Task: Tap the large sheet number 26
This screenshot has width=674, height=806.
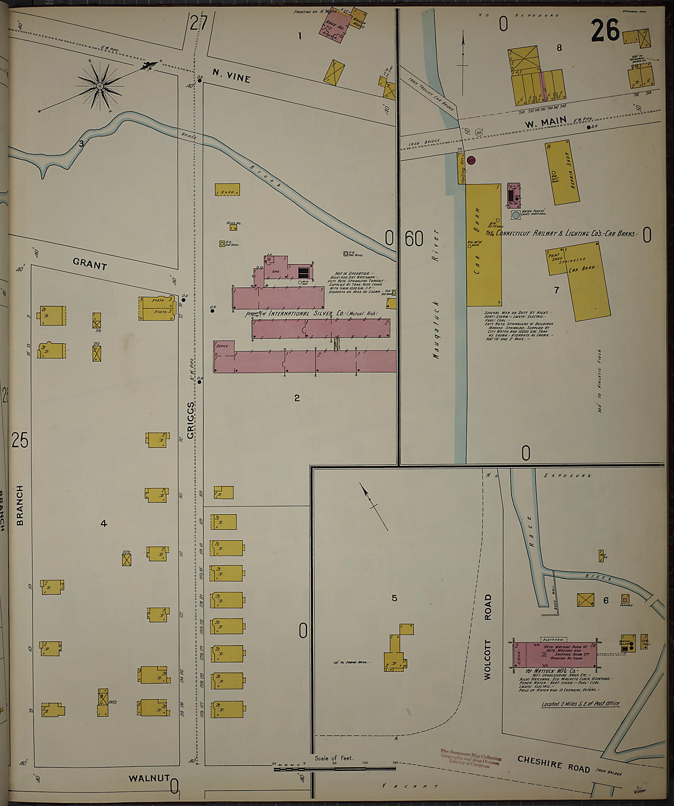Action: click(x=605, y=31)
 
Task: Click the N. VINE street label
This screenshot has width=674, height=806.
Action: click(x=231, y=76)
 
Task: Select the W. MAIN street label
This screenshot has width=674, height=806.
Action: click(x=545, y=123)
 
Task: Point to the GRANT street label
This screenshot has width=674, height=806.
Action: click(x=90, y=264)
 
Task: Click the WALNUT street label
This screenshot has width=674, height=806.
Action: click(x=149, y=778)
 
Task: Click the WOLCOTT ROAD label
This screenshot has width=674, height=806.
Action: click(x=487, y=637)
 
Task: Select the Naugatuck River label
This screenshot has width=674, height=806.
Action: click(x=436, y=294)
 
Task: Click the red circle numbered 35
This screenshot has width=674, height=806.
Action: click(x=472, y=160)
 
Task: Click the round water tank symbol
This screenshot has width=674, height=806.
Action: click(x=515, y=215)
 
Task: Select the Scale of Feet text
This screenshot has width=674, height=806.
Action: click(x=333, y=758)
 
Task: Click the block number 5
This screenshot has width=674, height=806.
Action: click(x=394, y=598)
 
